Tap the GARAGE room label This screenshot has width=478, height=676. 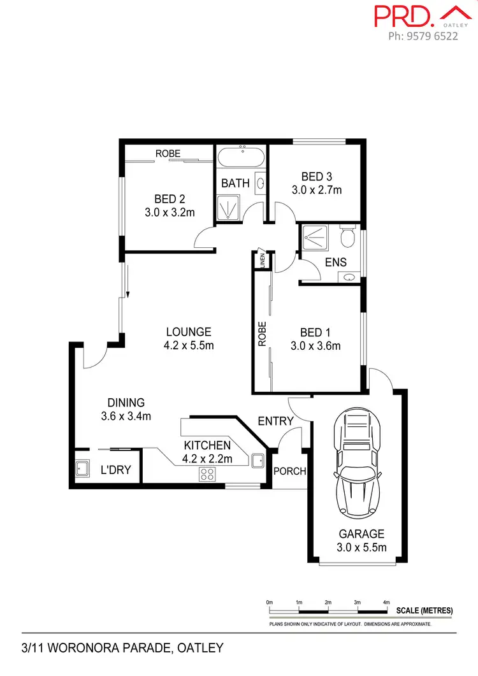click(361, 534)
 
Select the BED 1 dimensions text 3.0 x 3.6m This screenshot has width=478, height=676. click(315, 346)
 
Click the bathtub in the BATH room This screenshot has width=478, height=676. click(242, 156)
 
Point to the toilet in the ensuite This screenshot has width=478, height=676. click(347, 237)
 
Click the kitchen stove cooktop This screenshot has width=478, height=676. click(208, 473)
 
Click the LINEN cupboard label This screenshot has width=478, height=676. click(261, 260)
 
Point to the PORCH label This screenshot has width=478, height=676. click(289, 471)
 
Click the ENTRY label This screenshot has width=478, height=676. click(275, 421)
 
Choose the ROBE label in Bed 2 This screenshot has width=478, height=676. click(168, 154)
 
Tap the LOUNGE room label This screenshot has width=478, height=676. click(188, 332)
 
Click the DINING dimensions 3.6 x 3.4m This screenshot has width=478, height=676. click(126, 417)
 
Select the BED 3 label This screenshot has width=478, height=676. click(317, 176)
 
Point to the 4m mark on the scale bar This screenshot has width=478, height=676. click(386, 602)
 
